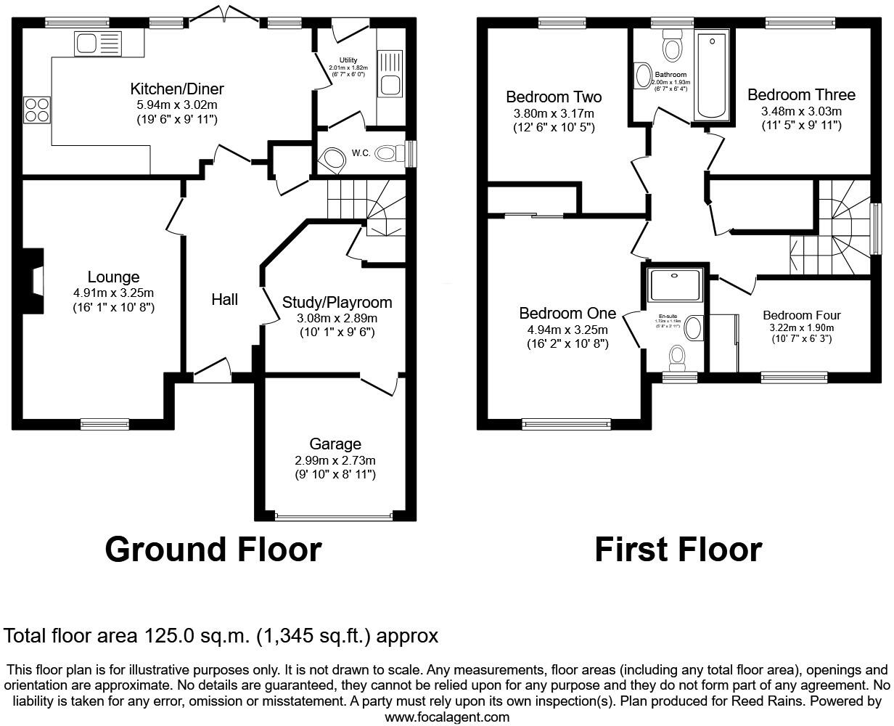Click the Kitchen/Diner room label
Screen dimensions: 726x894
click(x=176, y=89)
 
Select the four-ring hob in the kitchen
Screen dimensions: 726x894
click(x=37, y=109)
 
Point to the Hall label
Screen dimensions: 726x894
click(x=225, y=299)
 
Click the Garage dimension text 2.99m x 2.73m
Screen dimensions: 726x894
click(x=335, y=460)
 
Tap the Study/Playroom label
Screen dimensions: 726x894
click(x=337, y=303)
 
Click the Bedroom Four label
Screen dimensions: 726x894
click(x=801, y=315)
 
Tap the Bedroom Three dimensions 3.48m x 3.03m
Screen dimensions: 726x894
click(x=801, y=111)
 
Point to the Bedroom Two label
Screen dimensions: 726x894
click(x=554, y=97)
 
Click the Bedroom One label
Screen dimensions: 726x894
click(x=567, y=314)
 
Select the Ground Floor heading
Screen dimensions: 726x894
click(x=213, y=550)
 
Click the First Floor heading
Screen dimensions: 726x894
click(x=678, y=550)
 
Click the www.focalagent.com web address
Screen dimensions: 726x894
click(x=447, y=717)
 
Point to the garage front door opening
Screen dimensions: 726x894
click(x=335, y=517)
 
